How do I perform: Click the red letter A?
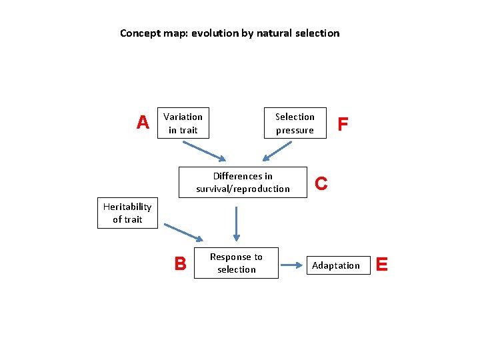pyautogui.click(x=143, y=123)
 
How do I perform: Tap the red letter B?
pyautogui.click(x=180, y=264)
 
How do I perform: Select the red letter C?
pyautogui.click(x=321, y=183)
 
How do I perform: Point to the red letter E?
pyautogui.click(x=382, y=265)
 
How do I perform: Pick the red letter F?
pyautogui.click(x=343, y=124)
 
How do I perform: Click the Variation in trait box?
pyautogui.click(x=183, y=123)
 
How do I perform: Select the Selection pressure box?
pyautogui.click(x=295, y=123)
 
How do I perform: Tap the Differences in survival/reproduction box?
pyautogui.click(x=243, y=183)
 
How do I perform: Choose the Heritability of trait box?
pyautogui.click(x=127, y=213)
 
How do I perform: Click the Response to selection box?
pyautogui.click(x=236, y=263)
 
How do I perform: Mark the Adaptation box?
pyautogui.click(x=336, y=265)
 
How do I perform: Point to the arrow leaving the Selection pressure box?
pyautogui.click(x=276, y=151)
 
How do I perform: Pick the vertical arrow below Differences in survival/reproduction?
pyautogui.click(x=236, y=223)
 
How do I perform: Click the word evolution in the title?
pyautogui.click(x=215, y=33)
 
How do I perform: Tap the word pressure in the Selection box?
pyautogui.click(x=295, y=130)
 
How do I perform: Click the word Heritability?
pyautogui.click(x=127, y=207)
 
